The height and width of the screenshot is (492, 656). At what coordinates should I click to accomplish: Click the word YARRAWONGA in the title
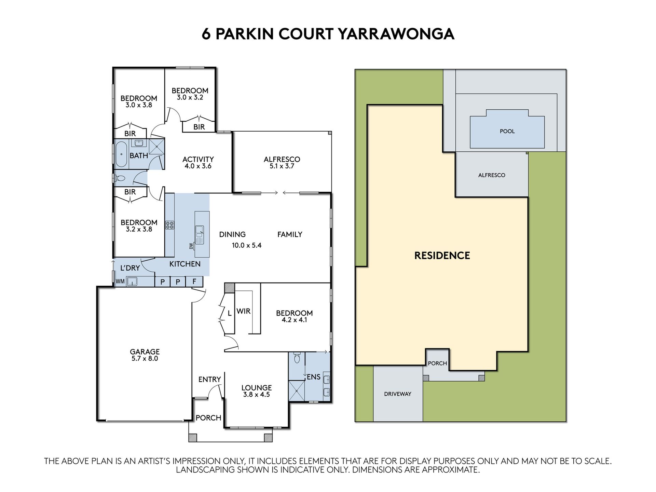(396, 34)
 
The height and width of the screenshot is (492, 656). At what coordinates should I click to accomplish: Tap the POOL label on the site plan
(507, 131)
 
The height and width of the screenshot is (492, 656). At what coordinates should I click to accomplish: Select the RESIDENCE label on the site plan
(442, 256)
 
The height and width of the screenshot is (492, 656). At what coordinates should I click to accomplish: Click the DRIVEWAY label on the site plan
(398, 394)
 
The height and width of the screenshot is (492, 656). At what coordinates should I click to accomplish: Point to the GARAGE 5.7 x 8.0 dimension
(145, 359)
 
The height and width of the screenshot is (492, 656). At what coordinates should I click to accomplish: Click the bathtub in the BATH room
(121, 154)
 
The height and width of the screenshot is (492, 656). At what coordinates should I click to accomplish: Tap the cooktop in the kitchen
(170, 225)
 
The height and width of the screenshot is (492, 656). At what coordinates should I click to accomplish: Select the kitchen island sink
(199, 234)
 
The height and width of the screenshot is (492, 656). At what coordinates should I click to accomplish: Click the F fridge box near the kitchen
(194, 282)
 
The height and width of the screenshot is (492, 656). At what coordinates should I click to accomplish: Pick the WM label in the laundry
(120, 282)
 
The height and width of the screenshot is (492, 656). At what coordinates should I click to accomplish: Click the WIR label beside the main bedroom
(244, 311)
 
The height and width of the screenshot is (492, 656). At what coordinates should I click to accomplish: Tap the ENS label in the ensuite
(314, 377)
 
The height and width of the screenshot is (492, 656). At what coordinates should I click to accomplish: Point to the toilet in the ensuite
(297, 357)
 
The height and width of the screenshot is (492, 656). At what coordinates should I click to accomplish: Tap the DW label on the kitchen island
(191, 246)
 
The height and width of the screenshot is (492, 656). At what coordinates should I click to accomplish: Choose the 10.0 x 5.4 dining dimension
(247, 245)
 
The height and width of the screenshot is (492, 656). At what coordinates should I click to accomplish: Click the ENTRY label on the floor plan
(210, 380)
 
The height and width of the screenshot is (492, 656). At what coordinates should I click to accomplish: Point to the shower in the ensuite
(296, 391)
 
